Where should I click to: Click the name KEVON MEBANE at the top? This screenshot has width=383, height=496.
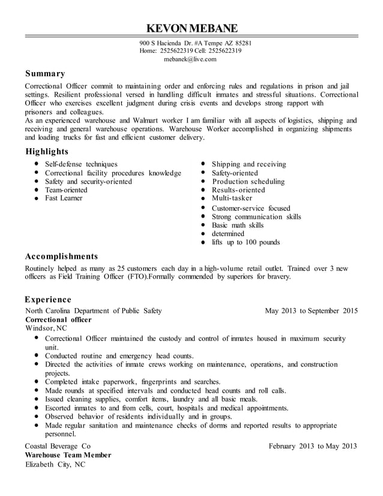click(191, 28)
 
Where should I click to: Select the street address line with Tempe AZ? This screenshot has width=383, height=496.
click(195, 43)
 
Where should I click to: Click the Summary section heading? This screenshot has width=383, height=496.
click(45, 74)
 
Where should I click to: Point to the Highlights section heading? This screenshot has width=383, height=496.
click(47, 151)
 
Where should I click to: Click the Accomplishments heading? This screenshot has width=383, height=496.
click(61, 256)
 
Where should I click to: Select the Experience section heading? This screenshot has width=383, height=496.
click(48, 299)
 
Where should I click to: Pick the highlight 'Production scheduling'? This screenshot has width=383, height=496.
click(248, 181)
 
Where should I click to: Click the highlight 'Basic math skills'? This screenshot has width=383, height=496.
click(237, 225)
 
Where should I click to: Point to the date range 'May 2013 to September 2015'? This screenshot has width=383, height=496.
click(311, 311)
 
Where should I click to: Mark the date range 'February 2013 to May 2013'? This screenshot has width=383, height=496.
click(313, 446)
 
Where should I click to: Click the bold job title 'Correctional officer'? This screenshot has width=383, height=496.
click(58, 320)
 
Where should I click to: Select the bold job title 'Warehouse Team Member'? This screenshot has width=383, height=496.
click(68, 455)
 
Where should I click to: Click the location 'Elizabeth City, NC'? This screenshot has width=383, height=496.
click(55, 465)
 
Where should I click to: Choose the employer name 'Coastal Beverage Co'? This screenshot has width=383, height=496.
click(58, 446)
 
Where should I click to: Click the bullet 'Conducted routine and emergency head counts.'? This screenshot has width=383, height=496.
click(119, 355)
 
